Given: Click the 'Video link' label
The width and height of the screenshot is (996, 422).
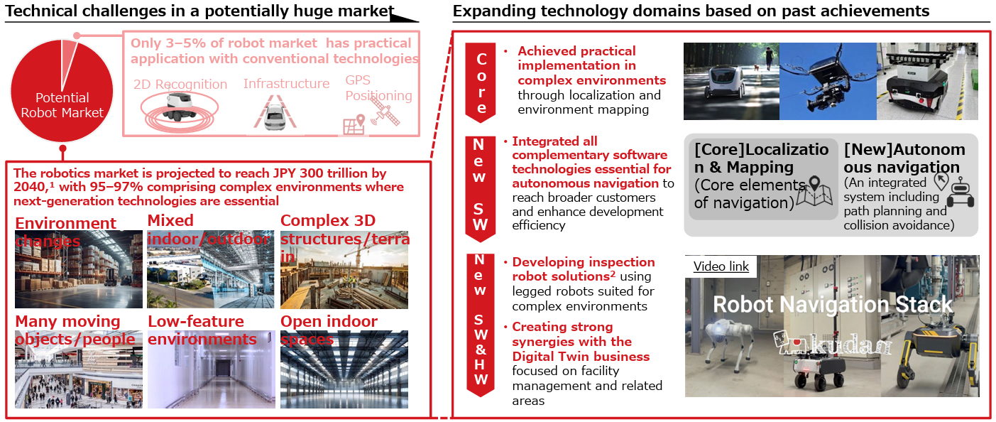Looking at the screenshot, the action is (721, 266).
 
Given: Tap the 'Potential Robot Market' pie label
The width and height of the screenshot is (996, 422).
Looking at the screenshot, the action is (62, 105).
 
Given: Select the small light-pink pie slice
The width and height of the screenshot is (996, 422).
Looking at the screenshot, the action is (70, 63).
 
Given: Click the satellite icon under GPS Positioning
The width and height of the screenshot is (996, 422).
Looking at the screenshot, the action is (385, 112).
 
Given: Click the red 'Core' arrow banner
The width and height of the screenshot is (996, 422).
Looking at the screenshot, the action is (481, 83).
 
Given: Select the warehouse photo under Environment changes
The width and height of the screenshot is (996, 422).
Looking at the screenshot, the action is (79, 269).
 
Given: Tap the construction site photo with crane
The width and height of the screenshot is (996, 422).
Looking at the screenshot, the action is (344, 269).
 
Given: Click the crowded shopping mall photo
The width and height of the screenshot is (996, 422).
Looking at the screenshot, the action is (79, 369).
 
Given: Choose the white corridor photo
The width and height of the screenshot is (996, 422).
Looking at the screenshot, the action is (212, 369).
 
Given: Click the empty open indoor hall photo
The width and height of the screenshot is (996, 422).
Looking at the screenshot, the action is (344, 369).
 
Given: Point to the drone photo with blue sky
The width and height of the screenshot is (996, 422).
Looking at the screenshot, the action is (828, 81).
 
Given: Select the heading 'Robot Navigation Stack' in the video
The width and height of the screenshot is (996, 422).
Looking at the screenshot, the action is (833, 305).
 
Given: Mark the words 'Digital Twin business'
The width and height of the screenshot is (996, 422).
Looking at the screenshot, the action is (581, 356).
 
